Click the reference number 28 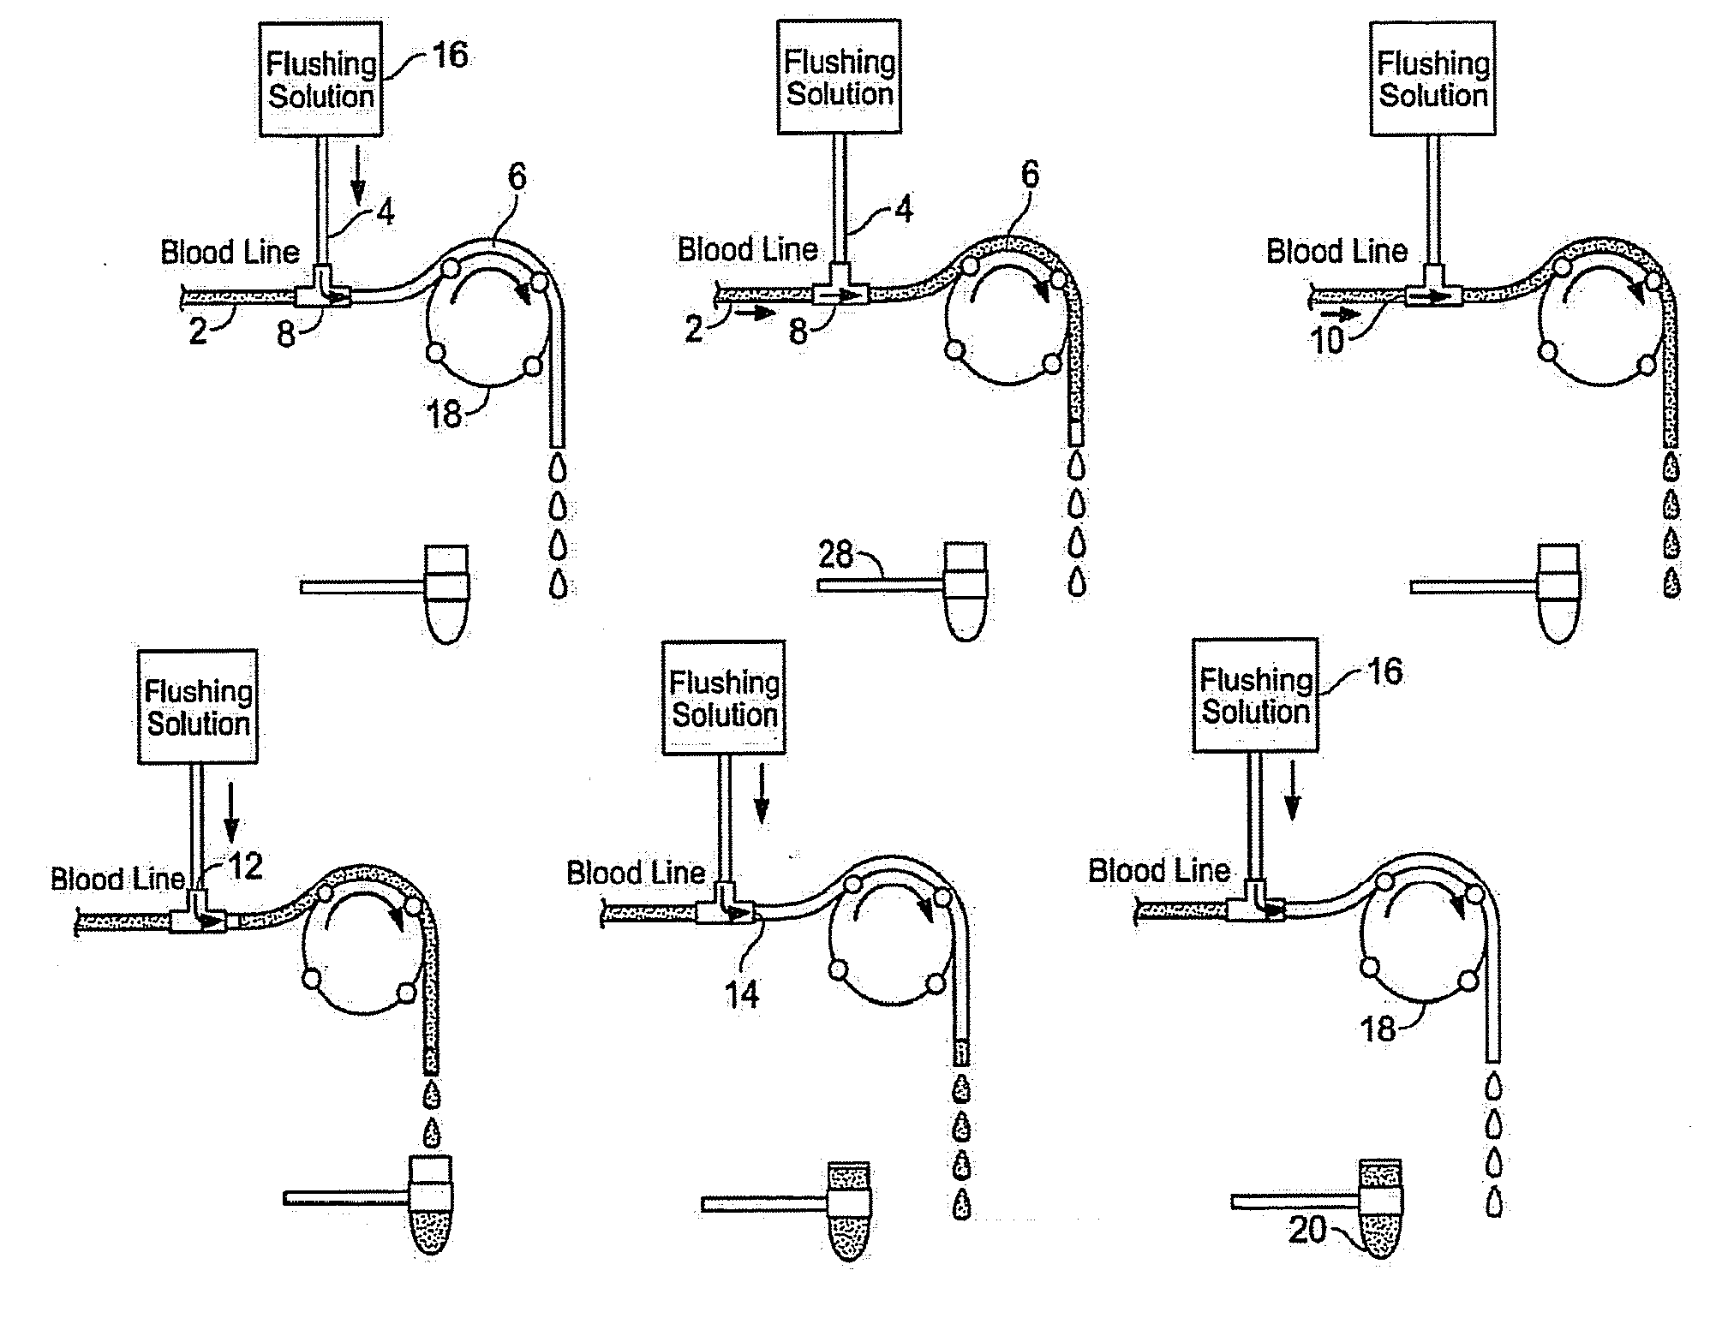tap(835, 555)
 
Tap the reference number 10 tap(1327, 341)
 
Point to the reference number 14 tap(742, 994)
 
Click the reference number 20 tap(1307, 1231)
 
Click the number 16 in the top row tap(450, 56)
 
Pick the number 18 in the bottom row tap(1378, 1029)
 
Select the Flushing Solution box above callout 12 tap(198, 707)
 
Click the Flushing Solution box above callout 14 tap(724, 698)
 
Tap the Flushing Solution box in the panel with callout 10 tap(1432, 79)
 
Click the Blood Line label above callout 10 tap(1336, 251)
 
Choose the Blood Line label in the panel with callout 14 tap(636, 873)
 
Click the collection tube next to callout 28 tap(966, 591)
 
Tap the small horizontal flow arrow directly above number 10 tap(1345, 314)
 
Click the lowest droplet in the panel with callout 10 tap(1671, 585)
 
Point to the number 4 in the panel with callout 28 tap(904, 209)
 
